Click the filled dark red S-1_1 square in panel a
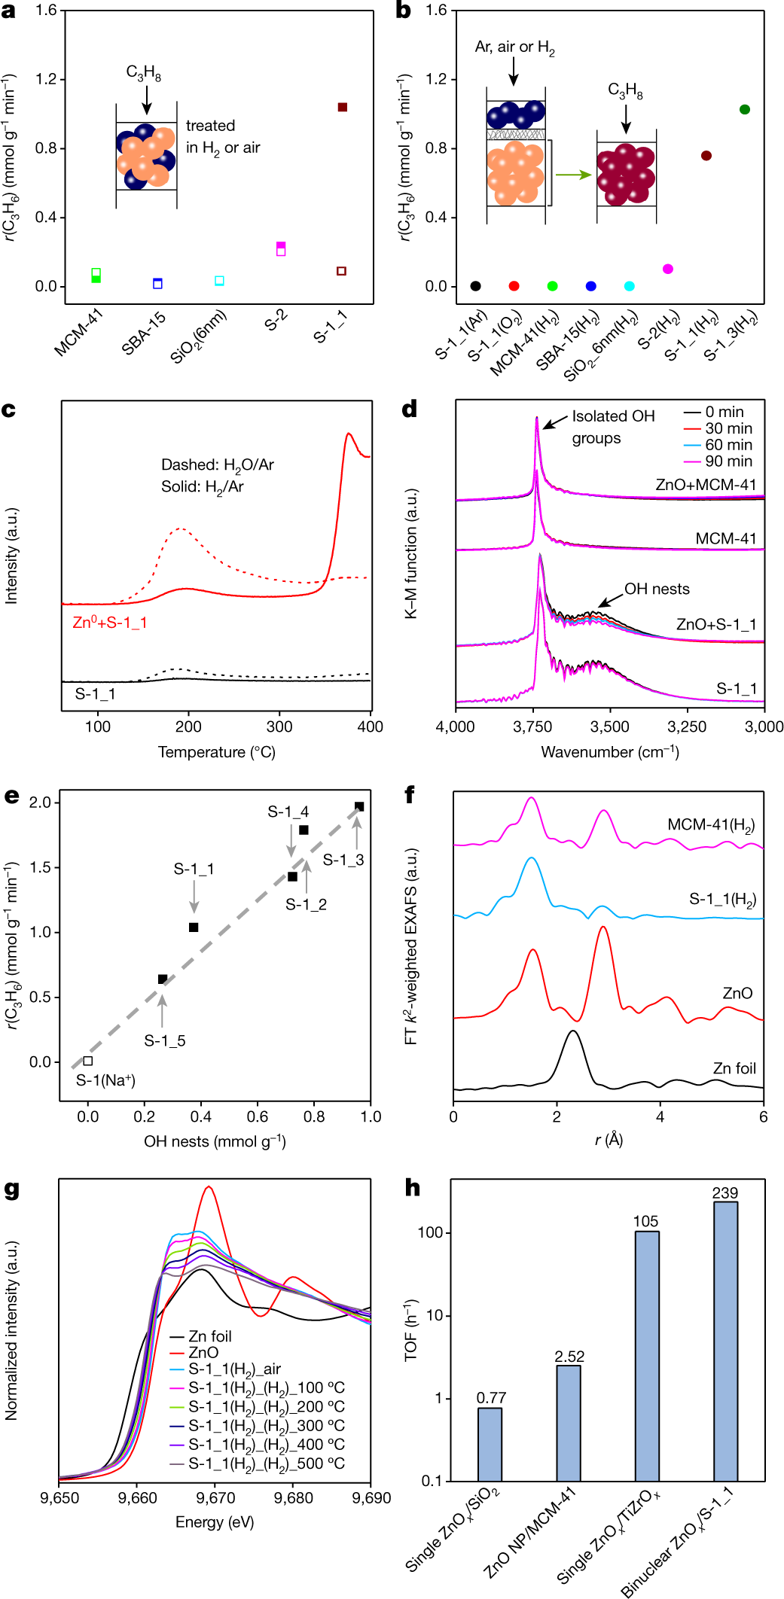pos(343,107)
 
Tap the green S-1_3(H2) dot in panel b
pos(745,110)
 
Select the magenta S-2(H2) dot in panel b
pos(668,269)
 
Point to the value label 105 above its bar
pos(646,1221)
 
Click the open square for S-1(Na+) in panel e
pos(88,1061)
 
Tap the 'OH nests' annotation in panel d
pos(657,589)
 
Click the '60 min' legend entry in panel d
pos(728,445)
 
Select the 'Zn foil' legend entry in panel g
pos(209,1336)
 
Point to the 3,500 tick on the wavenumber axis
pos(609,726)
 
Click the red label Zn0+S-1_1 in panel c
pos(110,623)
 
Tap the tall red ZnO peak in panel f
pos(602,929)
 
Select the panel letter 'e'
pos(11,795)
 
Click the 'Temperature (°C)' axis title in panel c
pos(216,752)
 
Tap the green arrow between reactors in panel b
pos(573,175)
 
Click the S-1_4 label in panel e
pos(288,812)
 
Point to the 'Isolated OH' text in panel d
pos(613,416)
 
